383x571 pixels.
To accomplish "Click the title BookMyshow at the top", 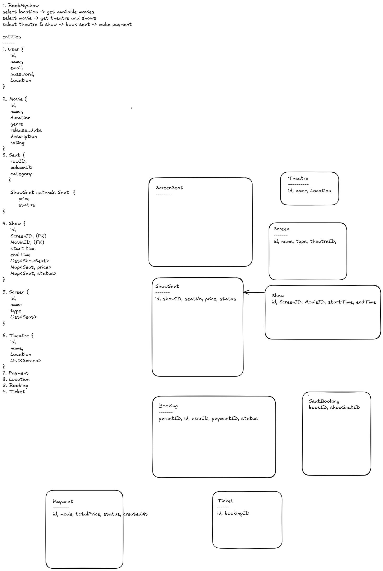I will [x=23, y=6].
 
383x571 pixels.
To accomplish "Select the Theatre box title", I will [x=298, y=178].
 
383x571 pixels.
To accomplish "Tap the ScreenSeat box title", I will [x=169, y=188].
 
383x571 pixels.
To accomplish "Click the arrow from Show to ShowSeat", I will [x=254, y=292].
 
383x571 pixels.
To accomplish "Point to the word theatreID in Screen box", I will [x=323, y=241].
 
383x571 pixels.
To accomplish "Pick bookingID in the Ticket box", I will [x=237, y=513].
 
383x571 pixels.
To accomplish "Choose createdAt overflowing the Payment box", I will [x=135, y=514].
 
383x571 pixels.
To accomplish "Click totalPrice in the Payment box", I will [x=88, y=514].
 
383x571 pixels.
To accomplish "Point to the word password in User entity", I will [x=22, y=74].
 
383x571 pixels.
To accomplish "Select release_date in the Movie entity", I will [x=26, y=130].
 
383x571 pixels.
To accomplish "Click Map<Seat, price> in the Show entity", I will [x=31, y=267].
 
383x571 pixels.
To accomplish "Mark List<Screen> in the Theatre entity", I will [x=26, y=360].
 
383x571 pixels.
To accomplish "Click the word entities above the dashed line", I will [x=12, y=37].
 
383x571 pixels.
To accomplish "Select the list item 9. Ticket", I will [x=14, y=392].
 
